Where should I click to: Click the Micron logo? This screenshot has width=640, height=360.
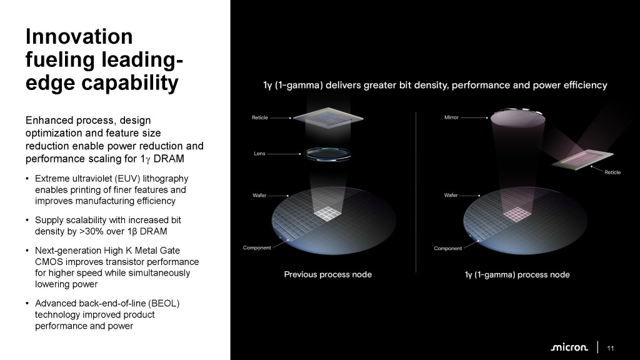click(x=569, y=347)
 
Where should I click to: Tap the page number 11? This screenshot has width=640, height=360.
click(x=610, y=348)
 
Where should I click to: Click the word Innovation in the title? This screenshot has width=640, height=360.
click(x=79, y=36)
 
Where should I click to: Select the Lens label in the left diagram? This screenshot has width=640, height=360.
click(x=259, y=154)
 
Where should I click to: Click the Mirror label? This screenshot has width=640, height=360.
click(x=451, y=117)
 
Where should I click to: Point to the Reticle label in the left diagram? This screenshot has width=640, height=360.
click(x=260, y=117)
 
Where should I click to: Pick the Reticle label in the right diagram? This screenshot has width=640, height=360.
click(x=612, y=172)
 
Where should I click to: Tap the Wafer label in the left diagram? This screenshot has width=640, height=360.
click(x=259, y=195)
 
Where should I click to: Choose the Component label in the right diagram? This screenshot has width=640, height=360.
click(x=447, y=248)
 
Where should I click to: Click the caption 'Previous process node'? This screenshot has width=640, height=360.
click(x=327, y=274)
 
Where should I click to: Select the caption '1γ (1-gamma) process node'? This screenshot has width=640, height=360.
click(x=517, y=275)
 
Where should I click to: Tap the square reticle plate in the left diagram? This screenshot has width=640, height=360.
click(x=328, y=117)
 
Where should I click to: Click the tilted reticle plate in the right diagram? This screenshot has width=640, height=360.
click(x=582, y=159)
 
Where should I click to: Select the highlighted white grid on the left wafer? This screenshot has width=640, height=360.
click(x=327, y=214)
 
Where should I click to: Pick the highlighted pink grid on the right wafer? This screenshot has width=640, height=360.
click(x=517, y=214)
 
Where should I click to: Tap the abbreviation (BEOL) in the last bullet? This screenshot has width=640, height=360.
click(x=164, y=303)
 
